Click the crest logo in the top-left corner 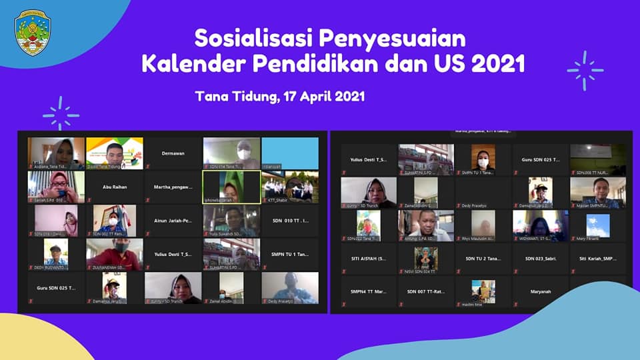click(x=33, y=32)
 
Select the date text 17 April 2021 click(x=323, y=96)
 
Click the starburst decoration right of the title click(x=585, y=71)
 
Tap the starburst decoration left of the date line click(x=61, y=113)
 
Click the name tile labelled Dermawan click(x=173, y=153)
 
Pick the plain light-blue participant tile click(x=289, y=153)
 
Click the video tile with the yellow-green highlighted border click(x=231, y=187)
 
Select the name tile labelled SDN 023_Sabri click(x=540, y=258)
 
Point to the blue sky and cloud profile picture click(x=597, y=225)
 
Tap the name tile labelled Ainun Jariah click(x=173, y=221)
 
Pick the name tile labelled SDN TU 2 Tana click(x=483, y=258)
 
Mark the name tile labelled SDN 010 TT click(x=289, y=221)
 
